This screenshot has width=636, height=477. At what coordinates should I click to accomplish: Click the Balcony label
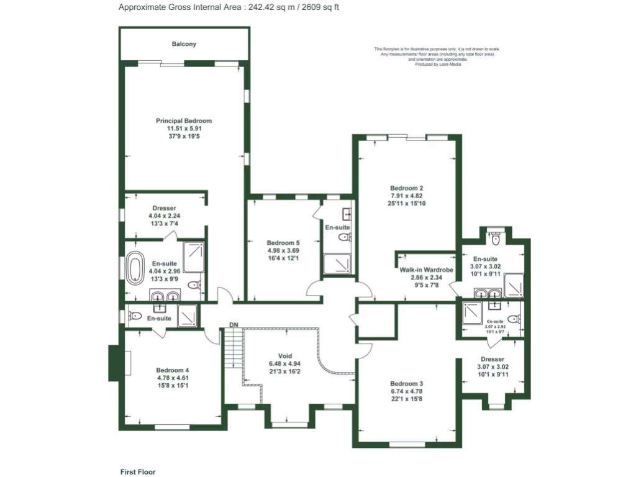pos(184,44)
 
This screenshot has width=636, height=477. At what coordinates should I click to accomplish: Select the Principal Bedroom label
pos(184,121)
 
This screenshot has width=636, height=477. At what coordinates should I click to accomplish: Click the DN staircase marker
pos(234,325)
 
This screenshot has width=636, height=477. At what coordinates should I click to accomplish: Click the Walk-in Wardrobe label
pos(426,270)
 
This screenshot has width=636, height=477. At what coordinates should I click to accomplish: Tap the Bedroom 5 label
pos(283,243)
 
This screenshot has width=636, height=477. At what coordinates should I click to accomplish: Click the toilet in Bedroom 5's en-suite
pos(343,237)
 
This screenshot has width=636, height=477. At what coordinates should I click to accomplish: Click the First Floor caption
pos(138,472)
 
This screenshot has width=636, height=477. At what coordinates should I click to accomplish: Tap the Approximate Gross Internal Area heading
pos(229,8)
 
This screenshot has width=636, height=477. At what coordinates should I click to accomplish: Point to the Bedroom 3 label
pos(407,383)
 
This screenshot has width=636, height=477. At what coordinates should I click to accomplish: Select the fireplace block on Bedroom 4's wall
pos(114,363)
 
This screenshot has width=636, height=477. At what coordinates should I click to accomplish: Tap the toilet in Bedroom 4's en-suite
pos(136,316)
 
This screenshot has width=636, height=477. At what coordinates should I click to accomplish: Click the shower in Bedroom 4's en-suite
pos(188,316)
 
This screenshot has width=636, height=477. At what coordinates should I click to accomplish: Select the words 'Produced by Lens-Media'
pos(437,64)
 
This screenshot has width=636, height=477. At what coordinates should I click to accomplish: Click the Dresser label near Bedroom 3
pos(493,359)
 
